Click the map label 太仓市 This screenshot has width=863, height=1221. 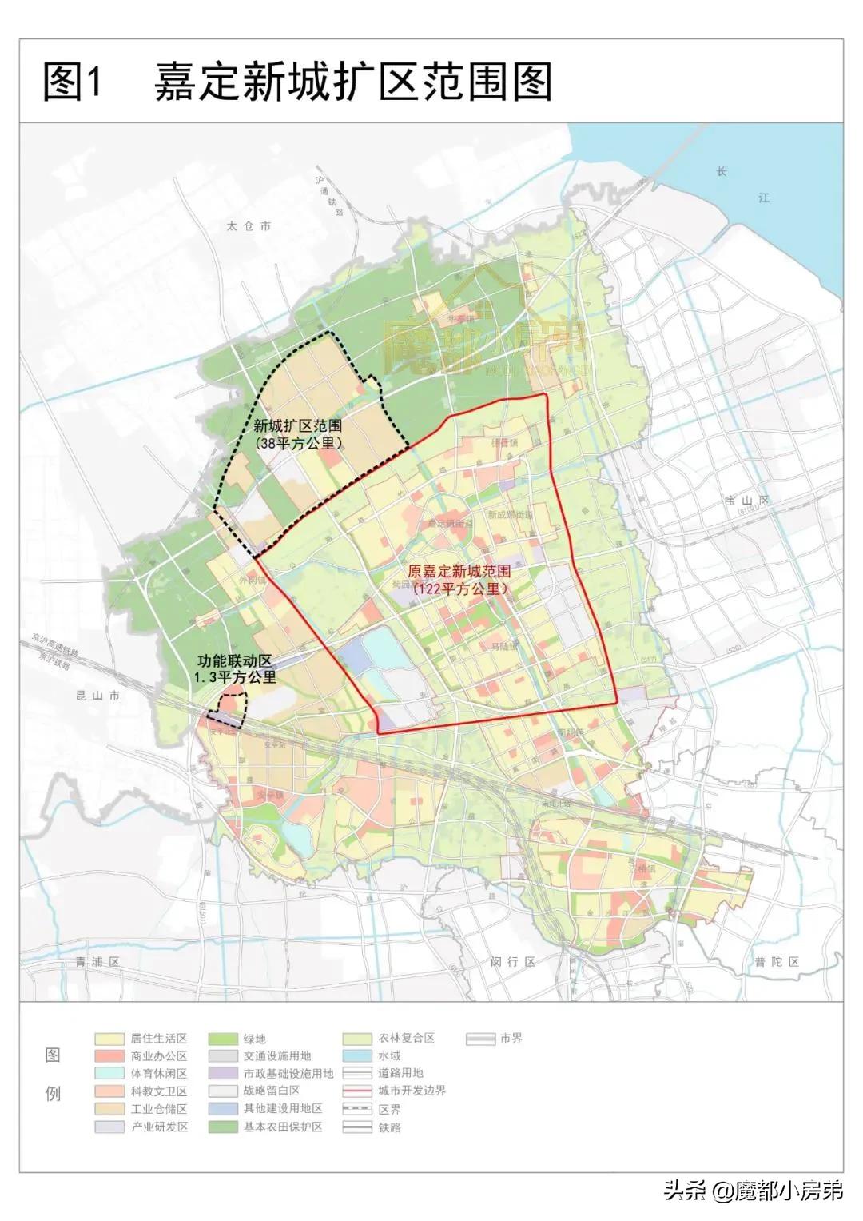click(249, 226)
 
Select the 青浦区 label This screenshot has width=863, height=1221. click(93, 962)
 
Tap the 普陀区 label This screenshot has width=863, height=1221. click(777, 962)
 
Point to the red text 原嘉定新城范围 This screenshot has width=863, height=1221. click(459, 572)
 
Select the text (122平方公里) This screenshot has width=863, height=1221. click(459, 589)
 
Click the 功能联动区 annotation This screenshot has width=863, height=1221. click(236, 661)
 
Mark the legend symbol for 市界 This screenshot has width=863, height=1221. click(480, 1039)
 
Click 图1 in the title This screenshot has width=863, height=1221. click(74, 82)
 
